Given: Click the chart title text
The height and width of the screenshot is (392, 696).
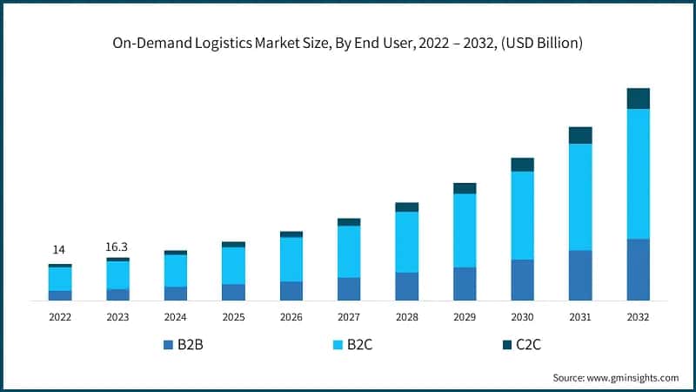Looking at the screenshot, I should (348, 42).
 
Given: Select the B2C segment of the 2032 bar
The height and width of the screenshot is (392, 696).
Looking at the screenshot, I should (639, 173).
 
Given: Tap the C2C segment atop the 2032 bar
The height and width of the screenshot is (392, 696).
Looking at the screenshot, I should (639, 98).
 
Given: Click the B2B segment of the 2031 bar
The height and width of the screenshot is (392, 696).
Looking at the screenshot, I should (580, 275).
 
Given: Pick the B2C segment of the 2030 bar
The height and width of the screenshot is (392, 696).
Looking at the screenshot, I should (522, 215).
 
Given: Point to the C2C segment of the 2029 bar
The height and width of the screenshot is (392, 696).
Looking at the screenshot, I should (465, 188).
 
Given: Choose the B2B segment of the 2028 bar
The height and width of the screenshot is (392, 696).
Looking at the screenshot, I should (406, 286).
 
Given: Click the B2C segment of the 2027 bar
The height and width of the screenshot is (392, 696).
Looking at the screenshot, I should (349, 251).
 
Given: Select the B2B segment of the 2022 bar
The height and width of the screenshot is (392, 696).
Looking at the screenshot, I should (60, 295).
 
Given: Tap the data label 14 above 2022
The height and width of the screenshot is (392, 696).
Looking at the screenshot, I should (60, 250).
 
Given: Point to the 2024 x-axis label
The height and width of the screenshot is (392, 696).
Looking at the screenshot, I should (176, 317).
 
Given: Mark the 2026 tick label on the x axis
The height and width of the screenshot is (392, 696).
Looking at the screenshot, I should (291, 317).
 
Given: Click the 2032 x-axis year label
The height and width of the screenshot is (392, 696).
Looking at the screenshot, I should (639, 317).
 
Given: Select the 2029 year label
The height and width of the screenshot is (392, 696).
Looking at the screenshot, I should (465, 317).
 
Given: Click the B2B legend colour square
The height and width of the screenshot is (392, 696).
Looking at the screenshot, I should (168, 345).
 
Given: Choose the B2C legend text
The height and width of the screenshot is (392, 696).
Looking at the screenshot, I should (359, 345).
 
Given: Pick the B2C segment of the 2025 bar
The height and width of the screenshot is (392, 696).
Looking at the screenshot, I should (233, 266).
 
